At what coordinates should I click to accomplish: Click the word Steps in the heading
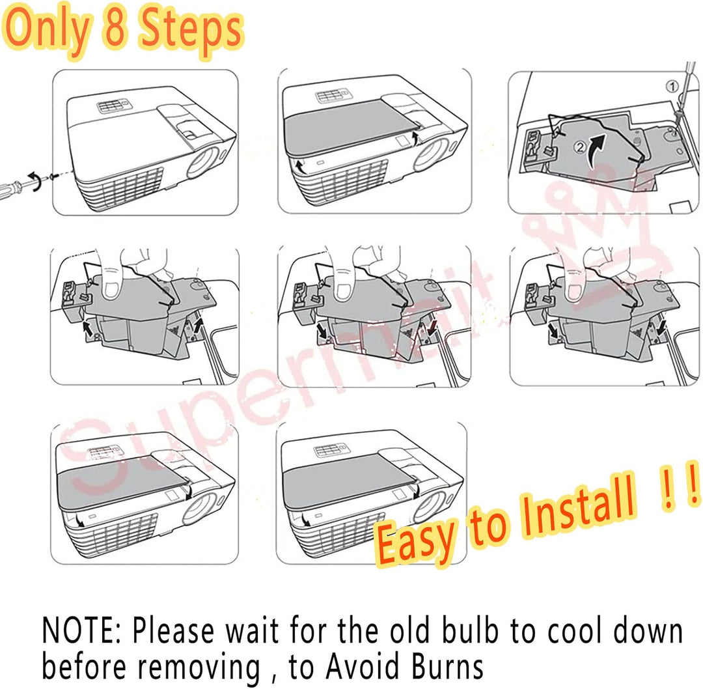[x=191, y=31]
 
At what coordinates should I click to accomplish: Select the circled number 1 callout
[x=672, y=86]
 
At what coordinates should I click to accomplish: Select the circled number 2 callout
[x=580, y=147]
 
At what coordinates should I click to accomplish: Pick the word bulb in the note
[x=471, y=630]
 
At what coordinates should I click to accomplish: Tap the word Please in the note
[x=172, y=630]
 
